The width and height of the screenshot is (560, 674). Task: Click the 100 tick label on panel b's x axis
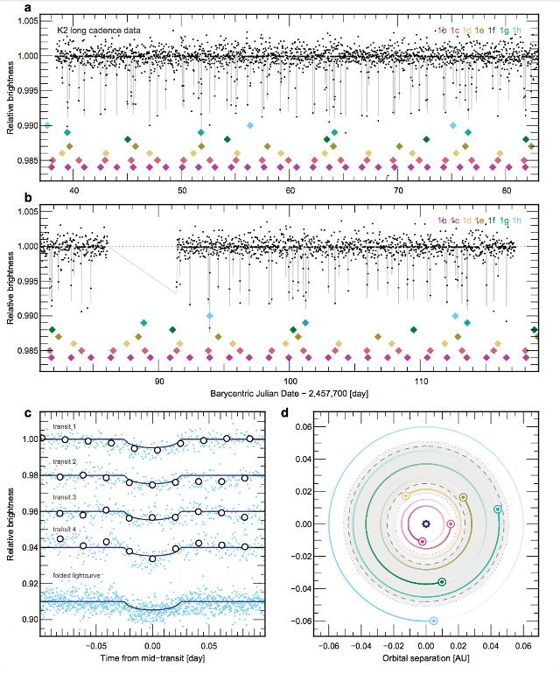(289, 382)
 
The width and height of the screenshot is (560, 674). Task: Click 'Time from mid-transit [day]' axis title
(151, 655)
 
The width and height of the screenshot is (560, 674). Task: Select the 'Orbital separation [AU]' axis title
(425, 655)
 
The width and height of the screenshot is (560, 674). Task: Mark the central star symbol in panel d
(425, 523)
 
